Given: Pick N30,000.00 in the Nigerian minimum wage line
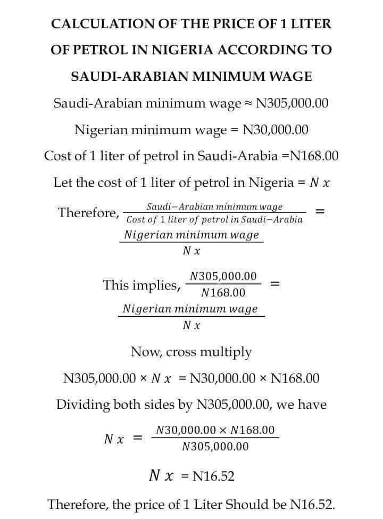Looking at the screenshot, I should coord(276,129).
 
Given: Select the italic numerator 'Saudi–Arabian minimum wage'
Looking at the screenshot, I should coord(214,207).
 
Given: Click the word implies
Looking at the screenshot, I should coord(156,285).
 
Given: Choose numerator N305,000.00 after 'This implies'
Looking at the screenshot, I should coord(223,276).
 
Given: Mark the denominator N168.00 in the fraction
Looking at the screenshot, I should coord(223,293).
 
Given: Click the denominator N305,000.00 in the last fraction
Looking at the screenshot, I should coord(215,447).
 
